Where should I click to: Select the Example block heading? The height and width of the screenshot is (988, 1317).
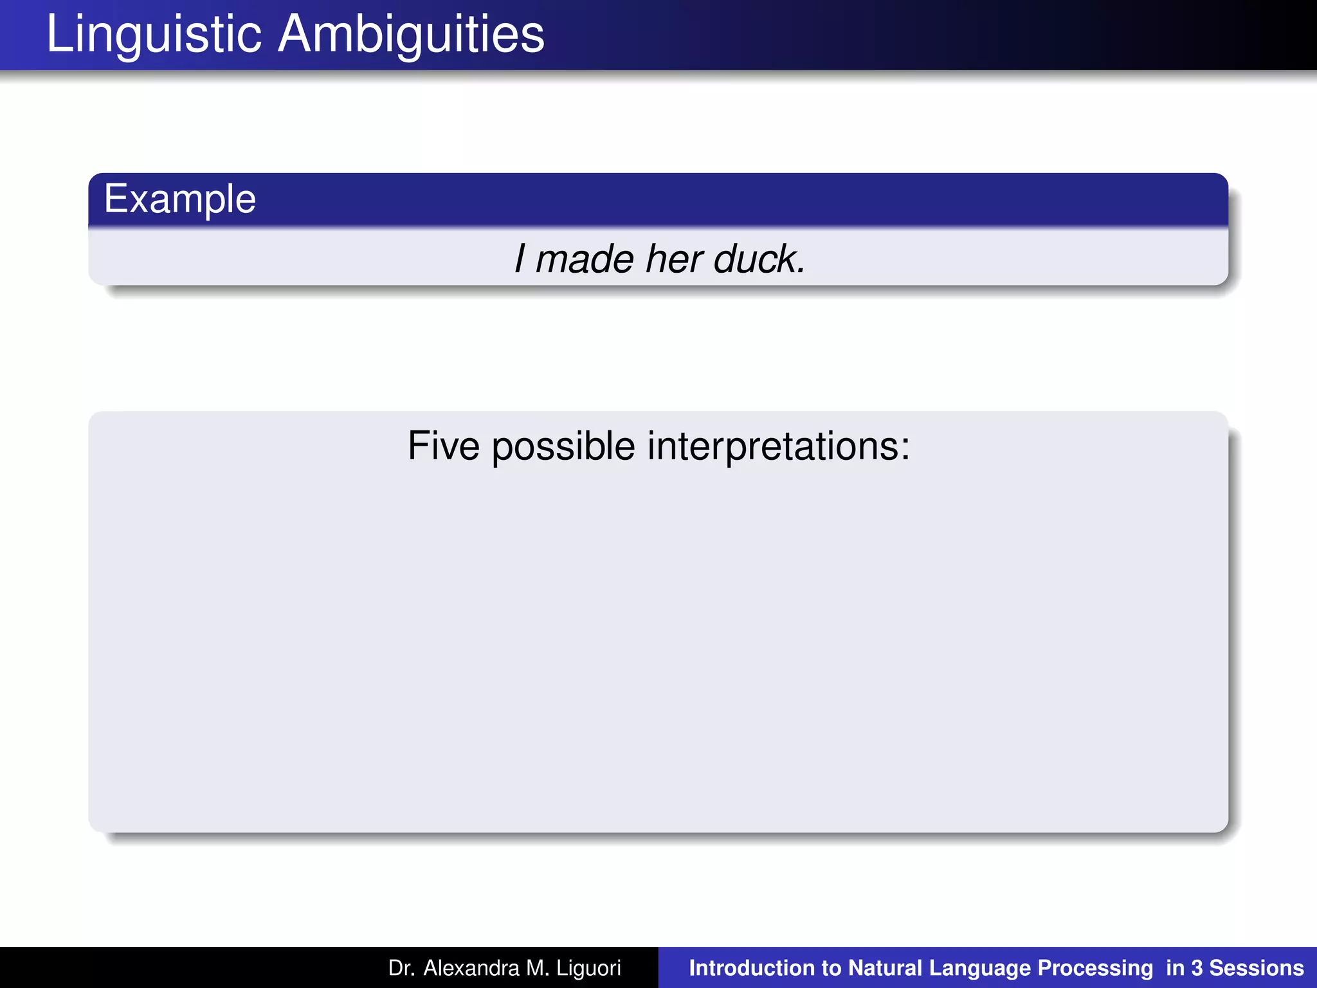pos(180,199)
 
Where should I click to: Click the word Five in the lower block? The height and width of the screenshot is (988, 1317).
pos(444,446)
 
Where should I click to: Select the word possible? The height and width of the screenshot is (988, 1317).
pos(563,446)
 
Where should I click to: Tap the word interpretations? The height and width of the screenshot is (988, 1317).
pos(778,446)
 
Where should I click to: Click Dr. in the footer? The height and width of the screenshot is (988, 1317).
pos(401,968)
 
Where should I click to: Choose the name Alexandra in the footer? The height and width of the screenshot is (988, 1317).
pos(471,968)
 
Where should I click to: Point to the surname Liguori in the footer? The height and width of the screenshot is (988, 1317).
pos(589,968)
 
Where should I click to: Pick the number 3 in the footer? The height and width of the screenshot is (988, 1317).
pos(1197,968)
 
